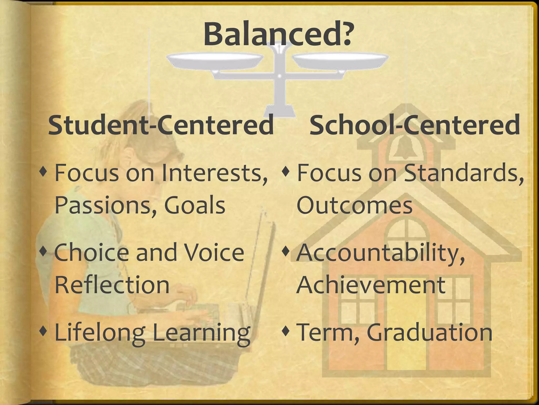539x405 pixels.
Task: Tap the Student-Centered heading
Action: click(161, 125)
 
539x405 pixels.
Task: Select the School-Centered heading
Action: click(415, 125)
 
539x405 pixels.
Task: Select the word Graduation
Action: click(429, 332)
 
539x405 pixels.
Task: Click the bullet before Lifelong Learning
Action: click(43, 330)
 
